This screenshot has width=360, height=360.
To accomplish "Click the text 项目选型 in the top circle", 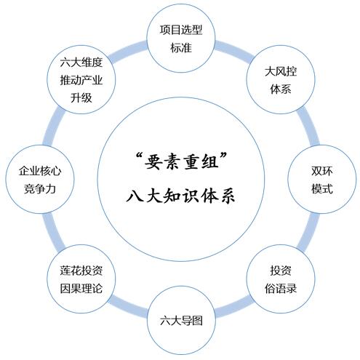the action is pos(181,30).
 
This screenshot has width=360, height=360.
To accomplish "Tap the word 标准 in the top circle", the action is pos(181,47).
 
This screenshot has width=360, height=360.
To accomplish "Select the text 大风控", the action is pos(281,71).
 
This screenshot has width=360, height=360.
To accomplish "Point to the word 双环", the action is pos(322,171).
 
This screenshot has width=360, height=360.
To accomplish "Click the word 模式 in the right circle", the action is pos(322,188).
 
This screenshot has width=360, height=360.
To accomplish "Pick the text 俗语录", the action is pos(281,289).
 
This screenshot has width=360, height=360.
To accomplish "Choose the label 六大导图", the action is pos(181,321).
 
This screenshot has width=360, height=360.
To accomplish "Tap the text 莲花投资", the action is pos(81,271).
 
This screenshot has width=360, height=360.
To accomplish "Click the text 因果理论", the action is pos(81,289).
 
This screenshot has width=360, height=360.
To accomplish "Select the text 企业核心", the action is pos(40,171).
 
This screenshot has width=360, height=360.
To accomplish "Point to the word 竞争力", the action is pos(40,188).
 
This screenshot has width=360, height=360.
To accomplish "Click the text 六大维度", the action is pos(81,63).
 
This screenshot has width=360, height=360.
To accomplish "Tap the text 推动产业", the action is pos(81,80).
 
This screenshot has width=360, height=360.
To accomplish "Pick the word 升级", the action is pos(81,97).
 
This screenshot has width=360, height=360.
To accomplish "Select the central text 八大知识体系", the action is pos(180,196).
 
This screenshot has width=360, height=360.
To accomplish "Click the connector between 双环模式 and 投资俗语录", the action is pos(308,231).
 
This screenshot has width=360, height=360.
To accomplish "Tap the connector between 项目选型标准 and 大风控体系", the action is pos(234,51).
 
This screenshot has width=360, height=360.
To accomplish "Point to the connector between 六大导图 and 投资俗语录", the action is pos(234,306).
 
